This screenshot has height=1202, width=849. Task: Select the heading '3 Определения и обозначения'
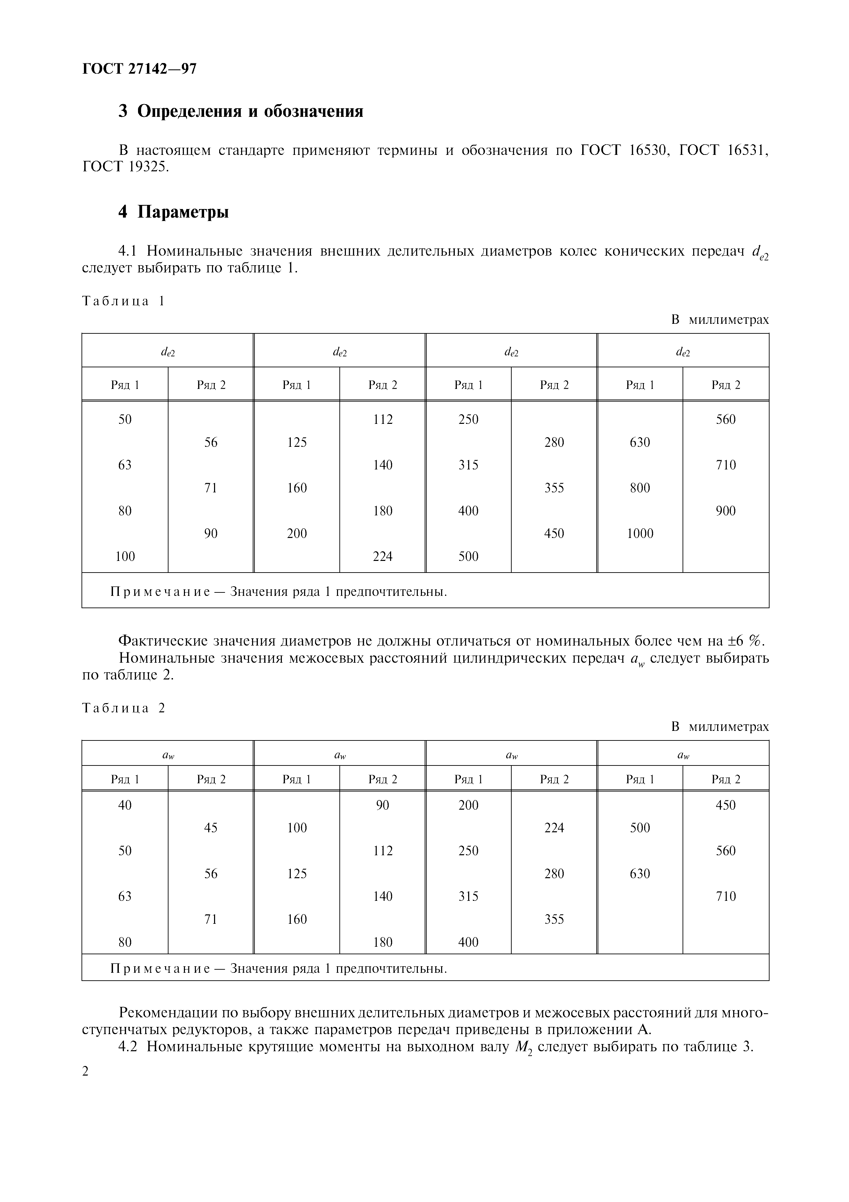pos(241,111)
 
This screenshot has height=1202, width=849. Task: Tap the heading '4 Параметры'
pos(173,212)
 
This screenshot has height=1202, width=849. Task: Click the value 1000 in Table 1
pos(640,533)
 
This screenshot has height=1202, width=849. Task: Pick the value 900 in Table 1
pos(726,511)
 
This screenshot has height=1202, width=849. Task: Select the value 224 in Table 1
pos(383,556)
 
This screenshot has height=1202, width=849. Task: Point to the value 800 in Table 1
pos(640,488)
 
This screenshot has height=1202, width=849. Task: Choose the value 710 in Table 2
pos(726,896)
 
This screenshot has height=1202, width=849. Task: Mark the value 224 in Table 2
pos(554,828)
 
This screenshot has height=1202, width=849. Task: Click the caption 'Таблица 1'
pos(123,301)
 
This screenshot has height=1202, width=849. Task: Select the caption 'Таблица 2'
pos(123,708)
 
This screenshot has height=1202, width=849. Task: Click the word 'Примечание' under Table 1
pos(160,592)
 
